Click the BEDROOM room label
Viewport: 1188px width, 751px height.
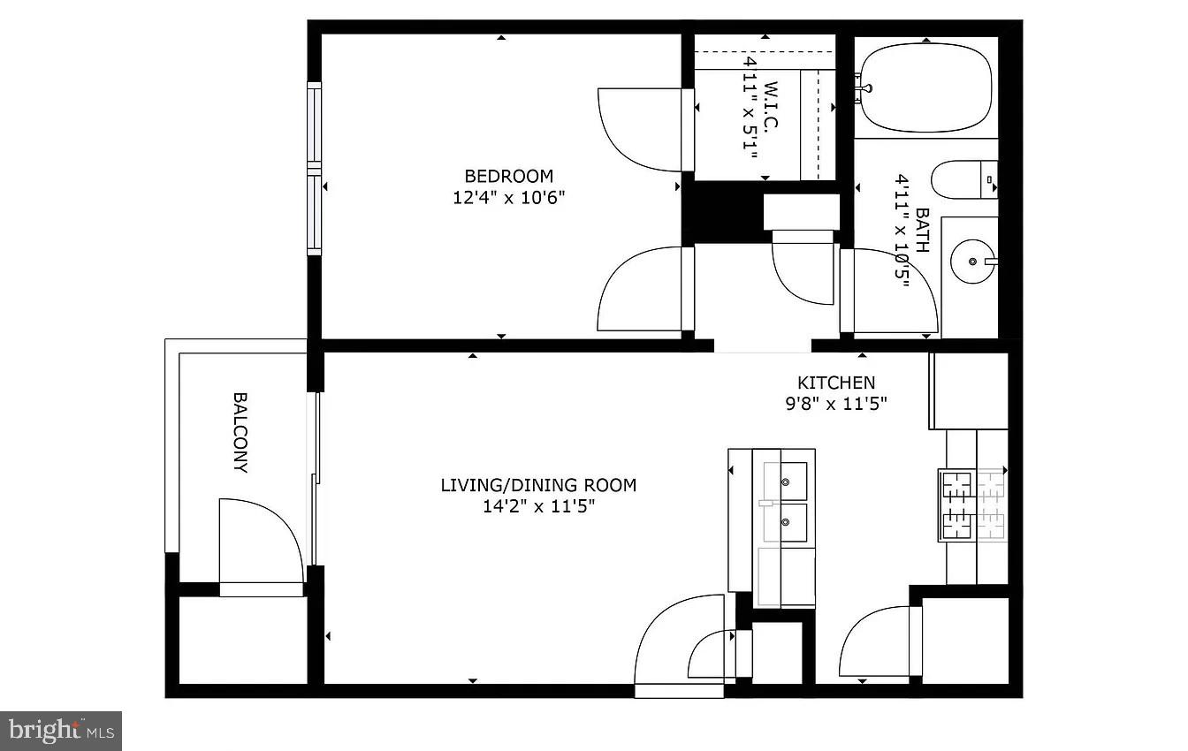(x=508, y=176)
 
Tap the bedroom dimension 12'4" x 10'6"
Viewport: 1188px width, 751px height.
(x=508, y=198)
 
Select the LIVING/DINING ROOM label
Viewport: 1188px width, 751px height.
(x=538, y=485)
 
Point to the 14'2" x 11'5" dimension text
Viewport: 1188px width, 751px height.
(x=538, y=506)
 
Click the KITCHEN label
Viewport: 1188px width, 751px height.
(x=836, y=382)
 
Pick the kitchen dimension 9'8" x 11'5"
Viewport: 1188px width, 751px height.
(x=836, y=404)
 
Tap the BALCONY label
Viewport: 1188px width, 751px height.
(x=240, y=432)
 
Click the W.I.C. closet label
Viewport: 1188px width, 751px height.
(x=771, y=105)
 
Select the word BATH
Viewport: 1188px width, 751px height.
(x=923, y=230)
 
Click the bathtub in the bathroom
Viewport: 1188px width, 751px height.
(x=926, y=87)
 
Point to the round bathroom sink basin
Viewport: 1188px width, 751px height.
(x=972, y=262)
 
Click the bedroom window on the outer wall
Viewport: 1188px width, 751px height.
(x=315, y=169)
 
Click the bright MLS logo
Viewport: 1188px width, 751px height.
(x=61, y=731)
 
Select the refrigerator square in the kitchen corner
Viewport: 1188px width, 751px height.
(x=969, y=391)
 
